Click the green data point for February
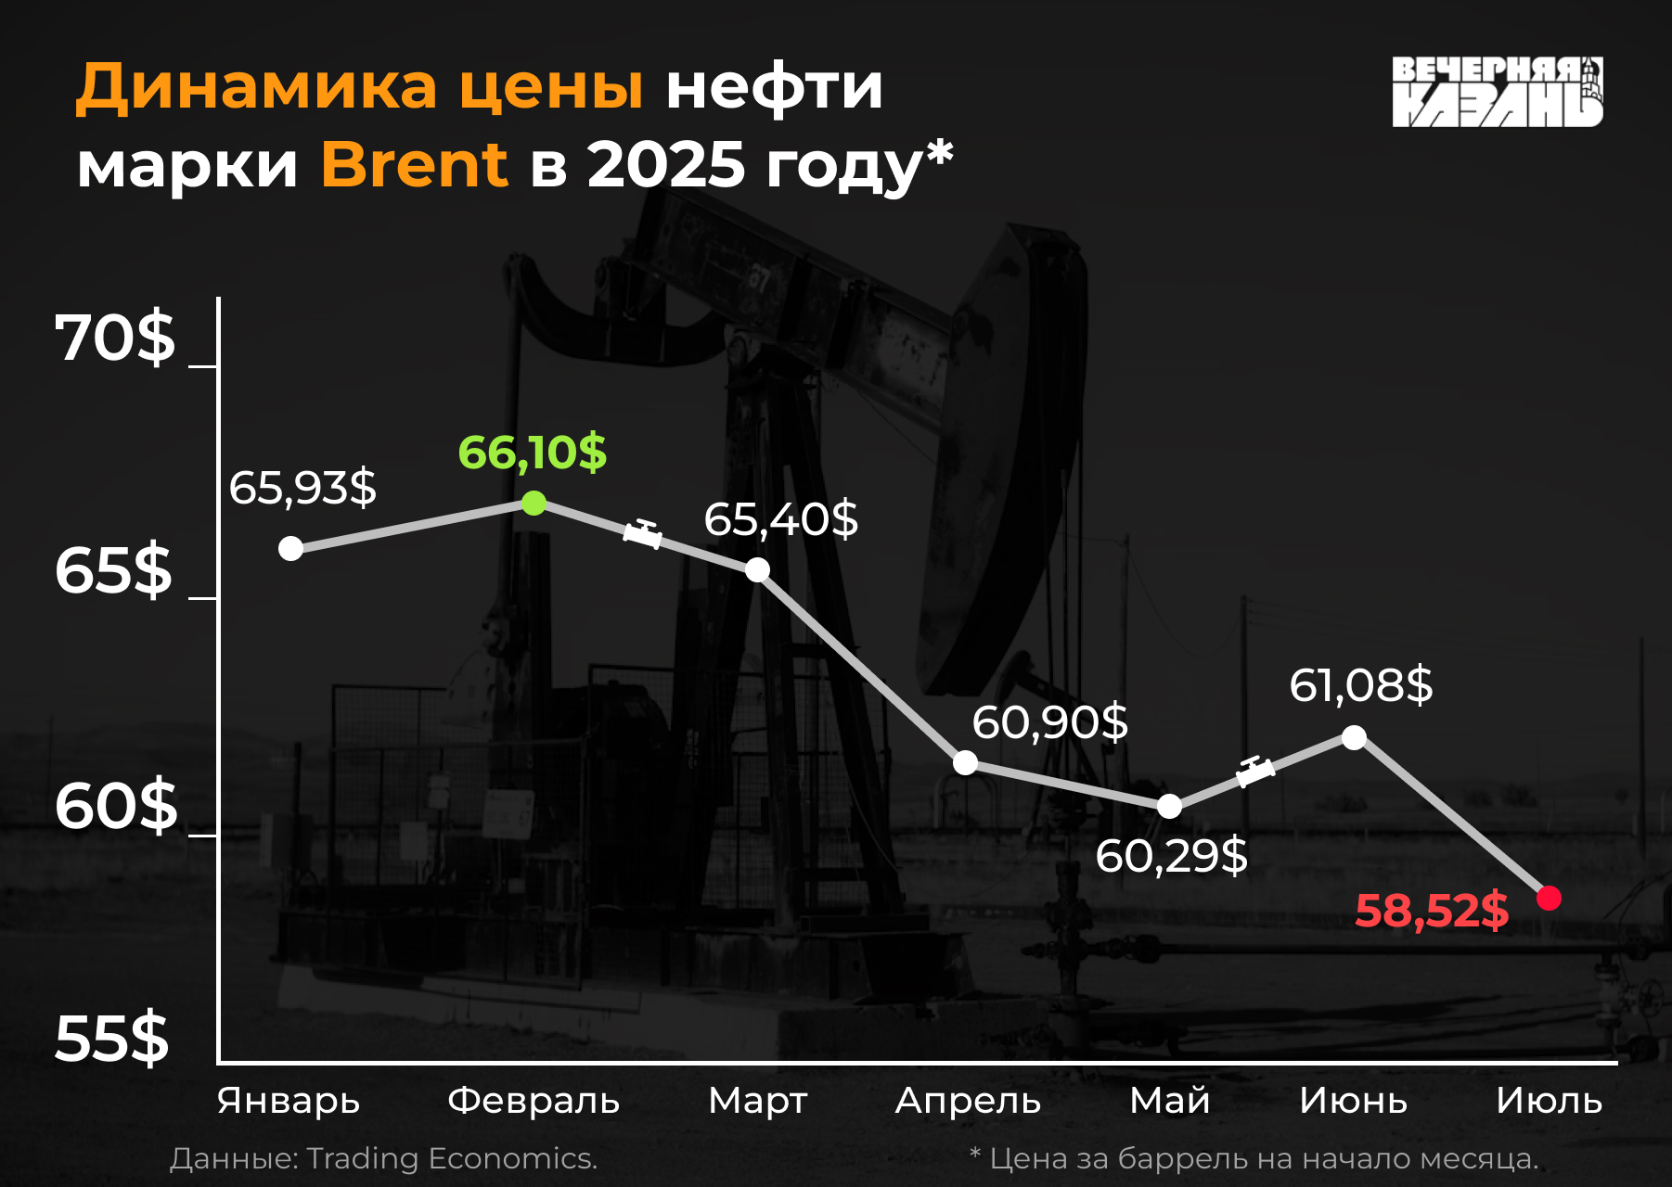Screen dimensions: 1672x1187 coord(534,503)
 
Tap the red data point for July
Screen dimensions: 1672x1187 coord(1549,898)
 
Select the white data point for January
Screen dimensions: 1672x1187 coord(290,548)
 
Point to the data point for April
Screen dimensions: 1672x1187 coord(965,762)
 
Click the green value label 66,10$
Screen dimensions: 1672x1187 coord(532,453)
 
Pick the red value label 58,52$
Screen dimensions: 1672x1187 coord(1432,910)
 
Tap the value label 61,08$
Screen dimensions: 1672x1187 coord(1361,685)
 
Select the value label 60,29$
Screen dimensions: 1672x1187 coord(1171,855)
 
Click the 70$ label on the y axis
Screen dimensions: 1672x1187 coord(114,338)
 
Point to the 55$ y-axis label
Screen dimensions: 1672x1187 coord(112,1038)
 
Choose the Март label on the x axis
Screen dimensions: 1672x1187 coord(757,1101)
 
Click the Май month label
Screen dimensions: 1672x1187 coord(1169,1100)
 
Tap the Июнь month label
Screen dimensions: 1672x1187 coord(1353,1101)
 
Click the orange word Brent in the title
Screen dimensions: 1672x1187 coord(415,164)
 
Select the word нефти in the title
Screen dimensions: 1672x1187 coord(775,87)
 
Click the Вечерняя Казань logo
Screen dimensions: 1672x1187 coord(1498,91)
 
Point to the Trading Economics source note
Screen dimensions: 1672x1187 coord(383,1158)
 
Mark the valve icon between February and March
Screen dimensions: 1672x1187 coord(643,533)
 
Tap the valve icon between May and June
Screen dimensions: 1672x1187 coord(1255,771)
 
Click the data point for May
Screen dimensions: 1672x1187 coord(1169,806)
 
